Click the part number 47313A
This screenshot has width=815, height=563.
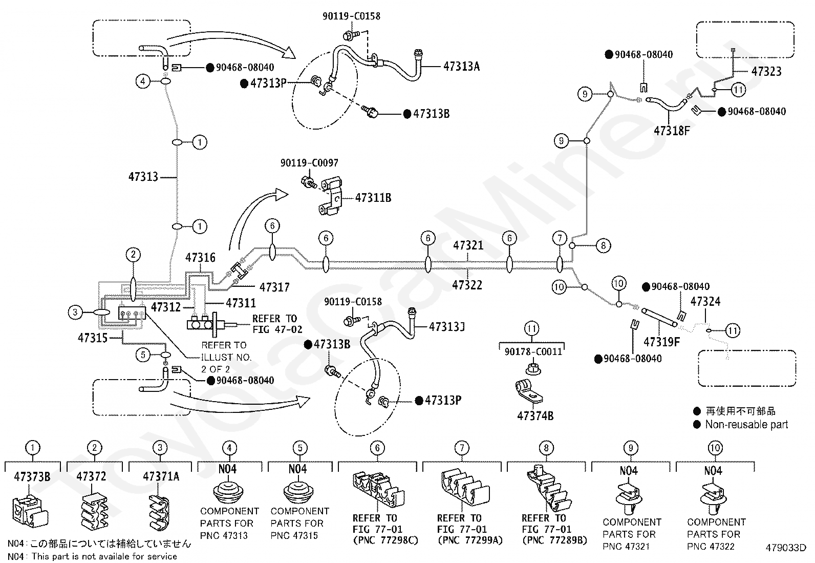pyautogui.click(x=461, y=66)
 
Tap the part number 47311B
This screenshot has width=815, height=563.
pyautogui.click(x=373, y=198)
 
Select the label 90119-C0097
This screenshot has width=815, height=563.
pyautogui.click(x=309, y=163)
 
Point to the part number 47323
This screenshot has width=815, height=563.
pyautogui.click(x=766, y=71)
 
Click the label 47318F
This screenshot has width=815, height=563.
pyautogui.click(x=672, y=131)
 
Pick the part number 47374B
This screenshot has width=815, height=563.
pyautogui.click(x=535, y=416)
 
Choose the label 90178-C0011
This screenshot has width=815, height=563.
pyautogui.click(x=533, y=351)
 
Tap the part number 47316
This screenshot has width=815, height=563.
pyautogui.click(x=200, y=258)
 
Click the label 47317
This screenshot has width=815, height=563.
pyautogui.click(x=274, y=287)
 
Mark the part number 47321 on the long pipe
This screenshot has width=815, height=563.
pyautogui.click(x=468, y=245)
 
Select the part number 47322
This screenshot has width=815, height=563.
pyautogui.click(x=467, y=285)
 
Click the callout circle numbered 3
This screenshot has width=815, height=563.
pyautogui.click(x=75, y=312)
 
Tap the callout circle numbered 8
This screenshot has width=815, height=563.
pyautogui.click(x=603, y=246)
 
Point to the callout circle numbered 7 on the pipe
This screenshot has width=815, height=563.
pyautogui.click(x=560, y=238)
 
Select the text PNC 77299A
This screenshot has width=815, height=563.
pyautogui.click(x=470, y=540)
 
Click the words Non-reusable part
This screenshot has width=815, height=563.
pyautogui.click(x=746, y=424)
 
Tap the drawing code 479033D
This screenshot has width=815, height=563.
pyautogui.click(x=786, y=548)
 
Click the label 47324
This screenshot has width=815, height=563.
pyautogui.click(x=705, y=302)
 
